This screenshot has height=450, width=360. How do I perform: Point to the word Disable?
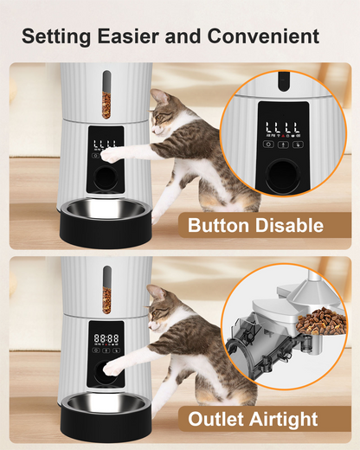292,226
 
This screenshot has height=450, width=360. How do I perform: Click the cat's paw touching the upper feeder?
108,154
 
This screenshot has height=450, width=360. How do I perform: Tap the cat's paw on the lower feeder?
111,367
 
